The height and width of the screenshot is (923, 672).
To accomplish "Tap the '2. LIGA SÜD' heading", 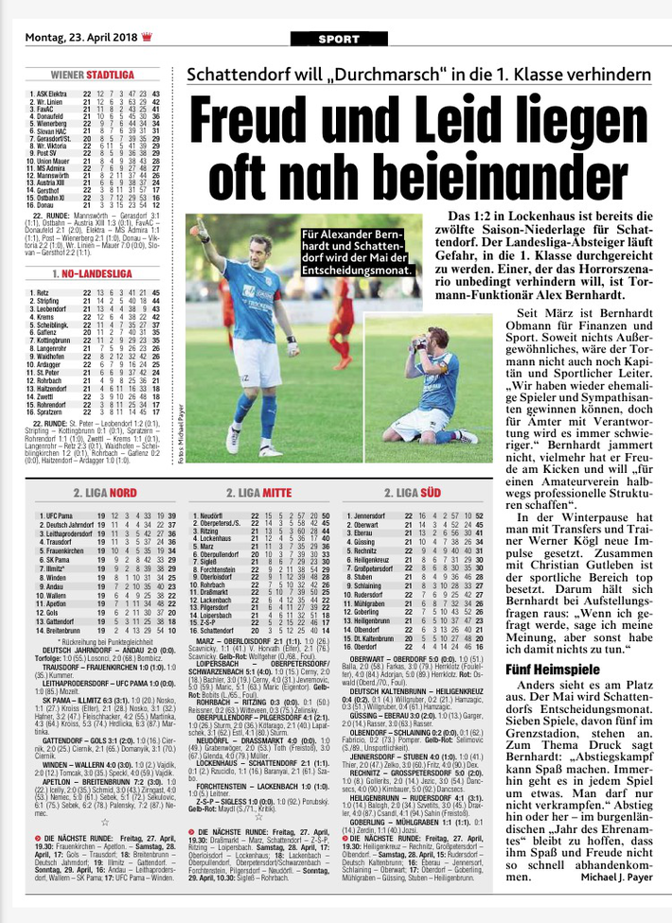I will pos(414,493).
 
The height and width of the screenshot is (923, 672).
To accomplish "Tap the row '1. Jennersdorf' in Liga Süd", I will pos(370,515).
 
